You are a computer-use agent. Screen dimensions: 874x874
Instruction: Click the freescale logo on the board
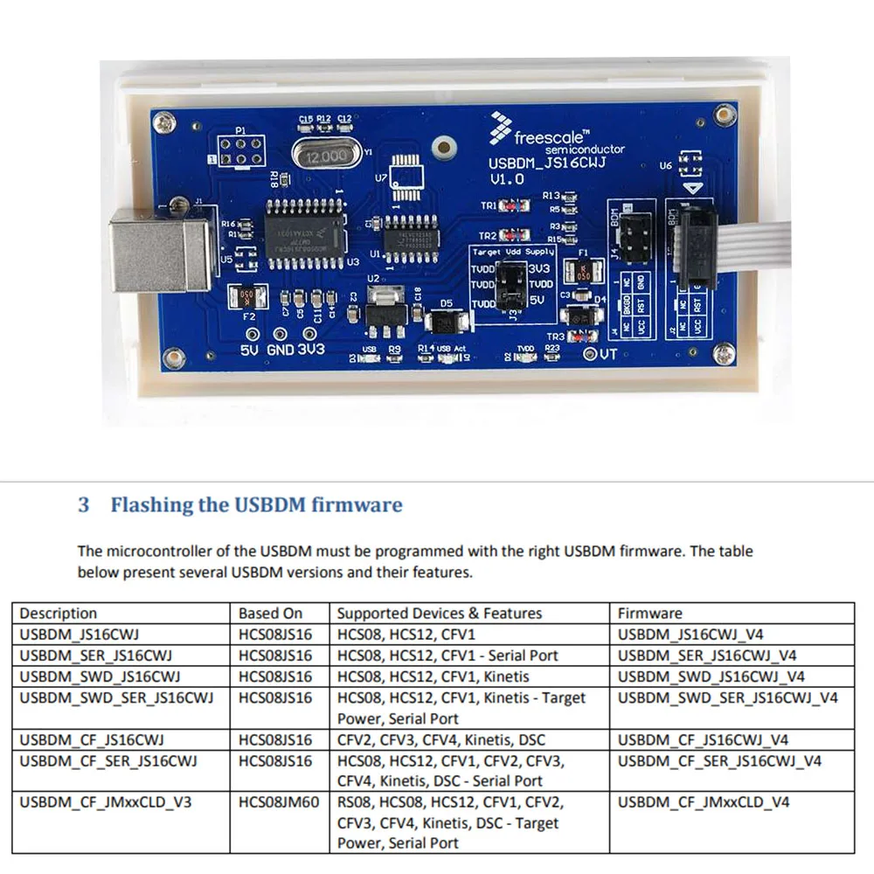click(x=541, y=136)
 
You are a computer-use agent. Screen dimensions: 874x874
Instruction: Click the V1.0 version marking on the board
click(x=508, y=179)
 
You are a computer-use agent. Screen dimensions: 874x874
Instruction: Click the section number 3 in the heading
click(x=84, y=505)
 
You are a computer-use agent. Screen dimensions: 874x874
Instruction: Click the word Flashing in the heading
click(x=149, y=505)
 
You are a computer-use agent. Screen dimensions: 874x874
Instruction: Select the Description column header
click(x=59, y=614)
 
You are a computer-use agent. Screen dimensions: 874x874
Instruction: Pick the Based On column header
click(x=271, y=614)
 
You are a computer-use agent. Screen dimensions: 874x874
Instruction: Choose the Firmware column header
click(x=649, y=614)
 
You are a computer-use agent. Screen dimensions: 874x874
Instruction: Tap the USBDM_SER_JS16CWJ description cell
click(x=96, y=655)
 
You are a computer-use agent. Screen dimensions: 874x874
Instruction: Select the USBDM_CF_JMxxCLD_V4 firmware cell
click(x=704, y=802)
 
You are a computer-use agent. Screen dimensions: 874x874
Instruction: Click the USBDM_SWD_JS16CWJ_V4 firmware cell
click(x=711, y=676)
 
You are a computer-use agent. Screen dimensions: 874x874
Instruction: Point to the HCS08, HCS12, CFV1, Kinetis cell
click(x=434, y=676)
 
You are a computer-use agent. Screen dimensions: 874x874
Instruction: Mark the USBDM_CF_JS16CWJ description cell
click(x=93, y=739)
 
